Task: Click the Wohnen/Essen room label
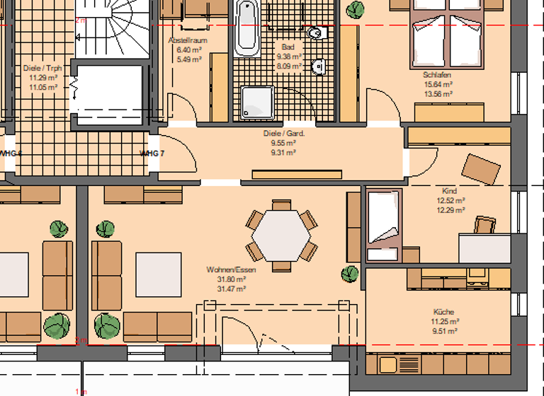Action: (231, 270)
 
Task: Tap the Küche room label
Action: (444, 312)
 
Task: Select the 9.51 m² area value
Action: (444, 330)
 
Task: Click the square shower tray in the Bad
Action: (256, 103)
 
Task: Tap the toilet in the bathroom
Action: (314, 33)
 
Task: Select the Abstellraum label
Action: (188, 41)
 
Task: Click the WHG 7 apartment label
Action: (152, 153)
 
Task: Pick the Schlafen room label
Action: (437, 74)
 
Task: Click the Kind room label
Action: (449, 191)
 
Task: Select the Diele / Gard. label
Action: (283, 133)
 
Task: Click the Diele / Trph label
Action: (43, 69)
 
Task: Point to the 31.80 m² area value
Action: (231, 279)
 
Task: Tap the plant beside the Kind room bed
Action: (350, 274)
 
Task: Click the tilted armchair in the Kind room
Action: (481, 168)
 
